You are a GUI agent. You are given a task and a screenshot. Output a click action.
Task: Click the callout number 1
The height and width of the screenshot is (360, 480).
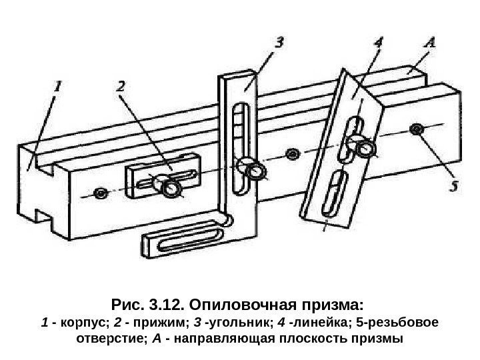pyautogui.click(x=58, y=86)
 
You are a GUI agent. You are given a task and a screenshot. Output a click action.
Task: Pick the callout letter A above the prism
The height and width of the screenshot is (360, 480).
pyautogui.click(x=431, y=43)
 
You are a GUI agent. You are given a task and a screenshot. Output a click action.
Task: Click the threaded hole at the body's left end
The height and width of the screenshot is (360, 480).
pyautogui.click(x=101, y=193)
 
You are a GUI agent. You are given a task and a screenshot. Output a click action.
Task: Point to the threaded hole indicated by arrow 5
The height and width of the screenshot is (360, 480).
pyautogui.click(x=417, y=129)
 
